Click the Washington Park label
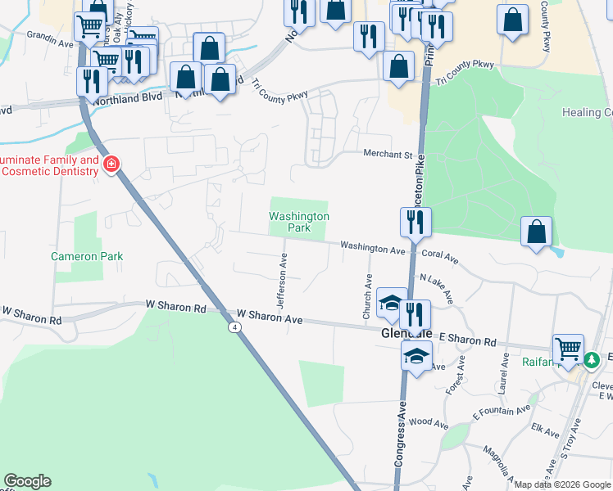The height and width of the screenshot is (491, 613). (299, 222)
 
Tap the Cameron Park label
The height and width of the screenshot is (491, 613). (87, 256)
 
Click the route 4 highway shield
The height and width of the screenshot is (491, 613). (236, 327)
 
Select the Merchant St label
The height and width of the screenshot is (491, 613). (388, 154)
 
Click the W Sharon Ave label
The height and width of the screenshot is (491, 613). (270, 315)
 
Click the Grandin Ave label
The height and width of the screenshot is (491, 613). (50, 37)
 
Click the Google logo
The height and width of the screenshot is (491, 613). (27, 481)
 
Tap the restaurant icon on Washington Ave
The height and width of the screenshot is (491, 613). (415, 222)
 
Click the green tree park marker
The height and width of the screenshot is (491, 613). (592, 358)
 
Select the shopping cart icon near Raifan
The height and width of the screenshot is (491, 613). (568, 349)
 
